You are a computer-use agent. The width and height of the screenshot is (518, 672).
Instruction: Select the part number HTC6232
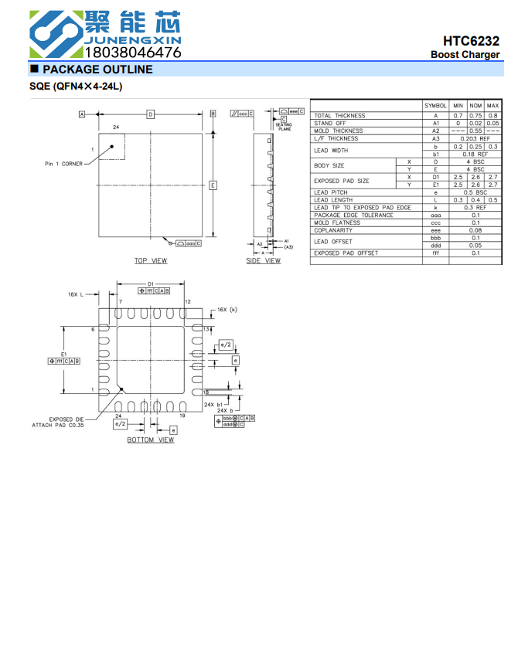pyautogui.click(x=471, y=41)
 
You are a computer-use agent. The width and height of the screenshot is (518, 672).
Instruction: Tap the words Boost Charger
pyautogui.click(x=465, y=55)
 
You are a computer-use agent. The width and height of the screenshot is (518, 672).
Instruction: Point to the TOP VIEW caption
pyautogui.click(x=150, y=261)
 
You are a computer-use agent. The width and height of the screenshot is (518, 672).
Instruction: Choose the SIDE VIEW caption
pyautogui.click(x=263, y=261)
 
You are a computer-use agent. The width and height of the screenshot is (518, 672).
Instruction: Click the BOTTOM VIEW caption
pyautogui.click(x=151, y=440)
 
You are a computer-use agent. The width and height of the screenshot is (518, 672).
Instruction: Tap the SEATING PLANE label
pyautogui.click(x=284, y=127)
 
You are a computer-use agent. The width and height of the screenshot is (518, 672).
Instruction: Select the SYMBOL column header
pyautogui.click(x=435, y=105)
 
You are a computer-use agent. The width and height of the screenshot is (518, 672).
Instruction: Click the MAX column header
pyautogui.click(x=492, y=105)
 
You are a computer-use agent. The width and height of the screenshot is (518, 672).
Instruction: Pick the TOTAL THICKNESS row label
pyautogui.click(x=339, y=116)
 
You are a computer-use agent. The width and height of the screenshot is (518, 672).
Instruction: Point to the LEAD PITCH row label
pyautogui.click(x=331, y=192)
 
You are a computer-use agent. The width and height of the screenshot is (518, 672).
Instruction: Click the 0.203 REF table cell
pyautogui.click(x=475, y=139)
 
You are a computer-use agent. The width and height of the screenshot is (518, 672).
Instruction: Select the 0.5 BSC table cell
pyautogui.click(x=475, y=192)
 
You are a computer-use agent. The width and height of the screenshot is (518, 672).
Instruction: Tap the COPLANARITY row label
pyautogui.click(x=333, y=230)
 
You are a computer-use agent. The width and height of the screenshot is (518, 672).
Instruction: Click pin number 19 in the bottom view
pyautogui.click(x=182, y=416)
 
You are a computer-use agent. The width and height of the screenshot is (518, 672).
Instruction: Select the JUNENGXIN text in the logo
pyautogui.click(x=132, y=39)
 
